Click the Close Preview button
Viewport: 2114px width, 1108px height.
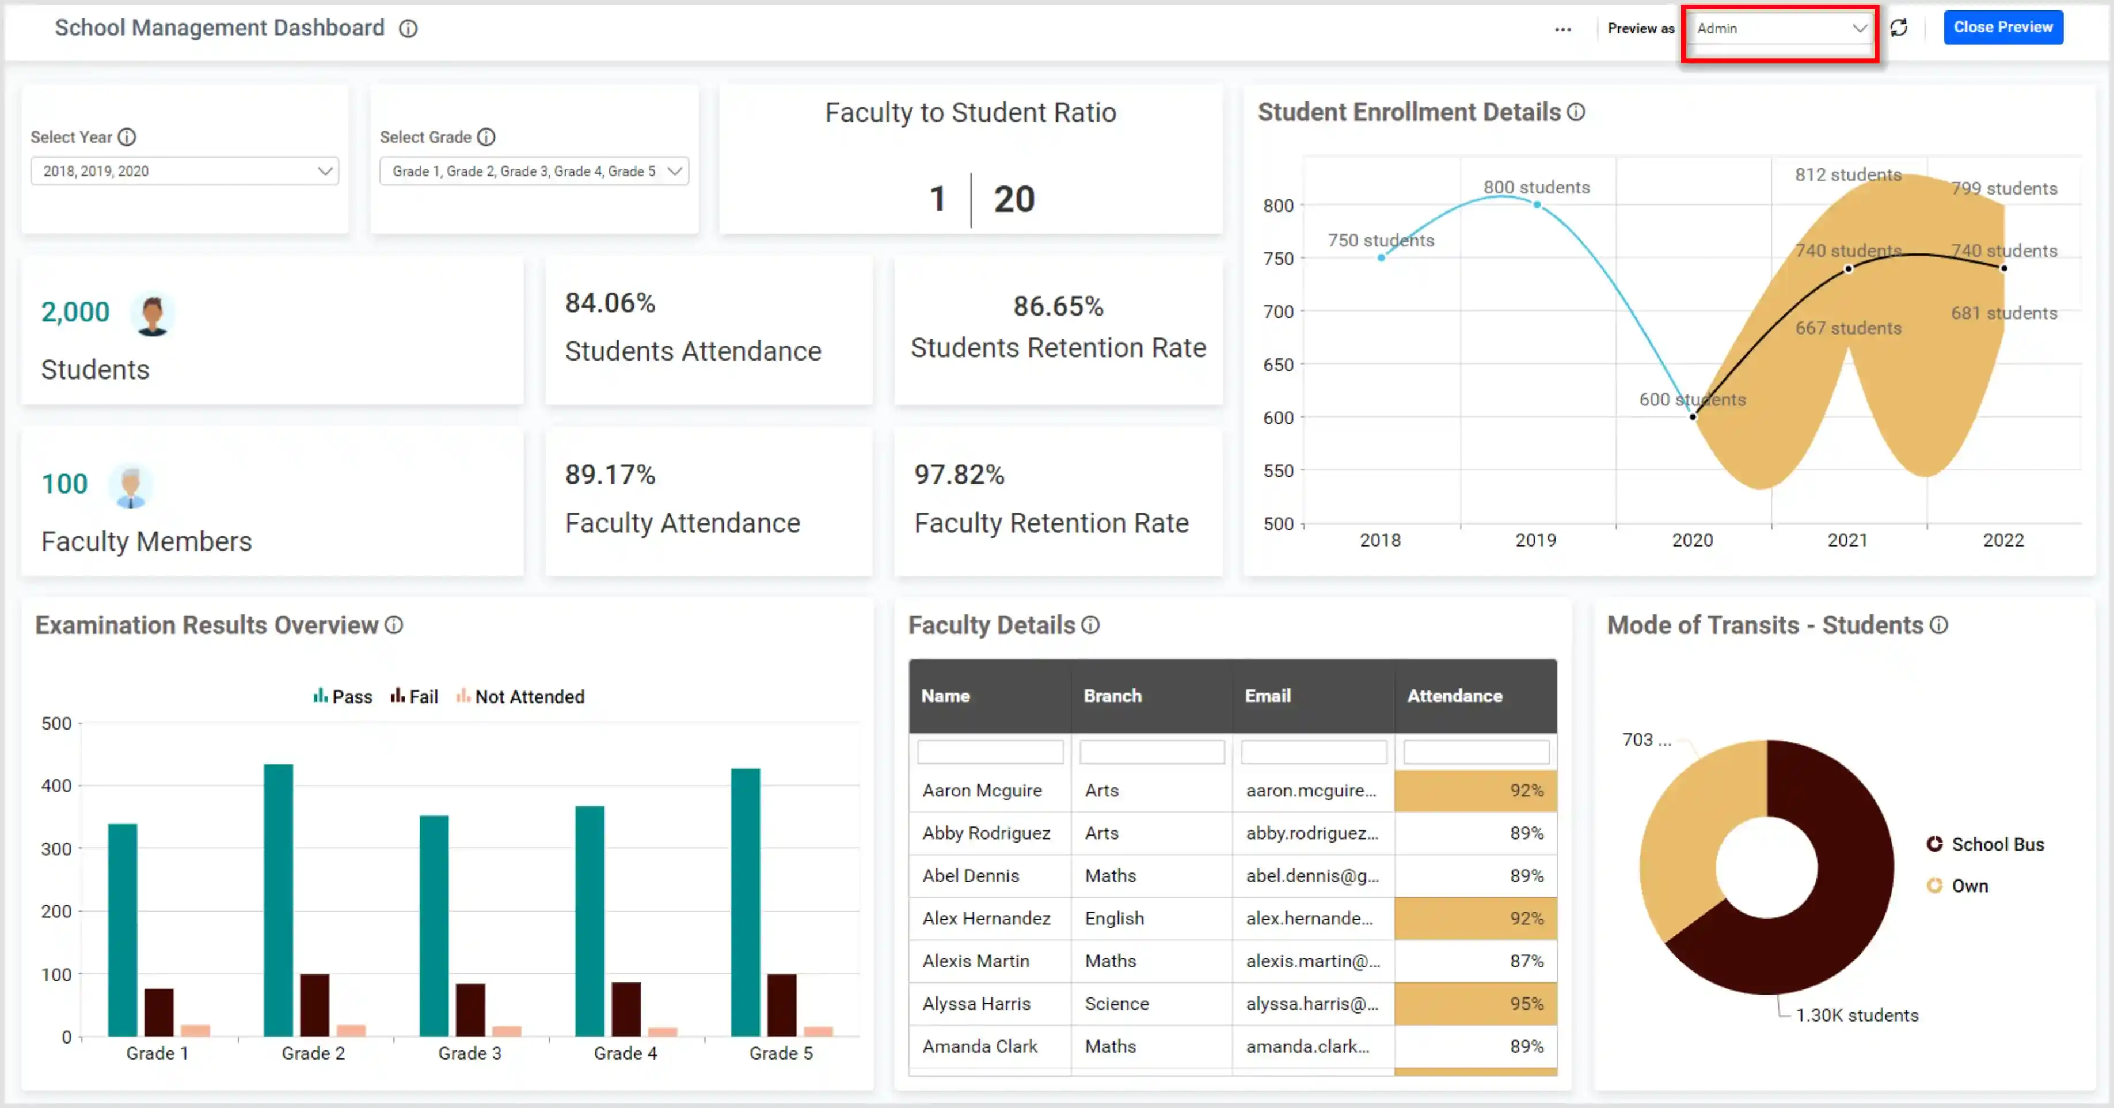click(x=2002, y=27)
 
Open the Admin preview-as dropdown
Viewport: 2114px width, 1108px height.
click(x=1779, y=29)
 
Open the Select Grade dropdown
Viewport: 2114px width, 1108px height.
click(x=534, y=170)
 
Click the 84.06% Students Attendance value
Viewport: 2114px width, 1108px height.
click(x=610, y=303)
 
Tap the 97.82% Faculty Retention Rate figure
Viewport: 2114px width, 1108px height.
click(x=959, y=475)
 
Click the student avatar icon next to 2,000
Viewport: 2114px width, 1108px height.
click(x=152, y=315)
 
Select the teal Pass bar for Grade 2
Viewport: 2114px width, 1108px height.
click(x=278, y=899)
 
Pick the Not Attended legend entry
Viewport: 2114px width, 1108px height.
click(x=520, y=697)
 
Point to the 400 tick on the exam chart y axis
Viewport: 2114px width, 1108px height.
click(x=56, y=786)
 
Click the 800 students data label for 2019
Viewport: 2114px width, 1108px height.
click(x=1536, y=187)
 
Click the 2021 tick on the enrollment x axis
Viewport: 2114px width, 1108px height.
click(x=1847, y=540)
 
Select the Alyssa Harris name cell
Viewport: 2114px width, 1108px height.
click(x=976, y=1004)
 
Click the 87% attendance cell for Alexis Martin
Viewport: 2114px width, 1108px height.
click(x=1476, y=961)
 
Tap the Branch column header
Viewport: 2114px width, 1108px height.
click(x=1112, y=696)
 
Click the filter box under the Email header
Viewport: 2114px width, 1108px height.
click(x=1313, y=752)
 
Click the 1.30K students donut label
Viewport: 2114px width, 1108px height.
click(x=1856, y=1015)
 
